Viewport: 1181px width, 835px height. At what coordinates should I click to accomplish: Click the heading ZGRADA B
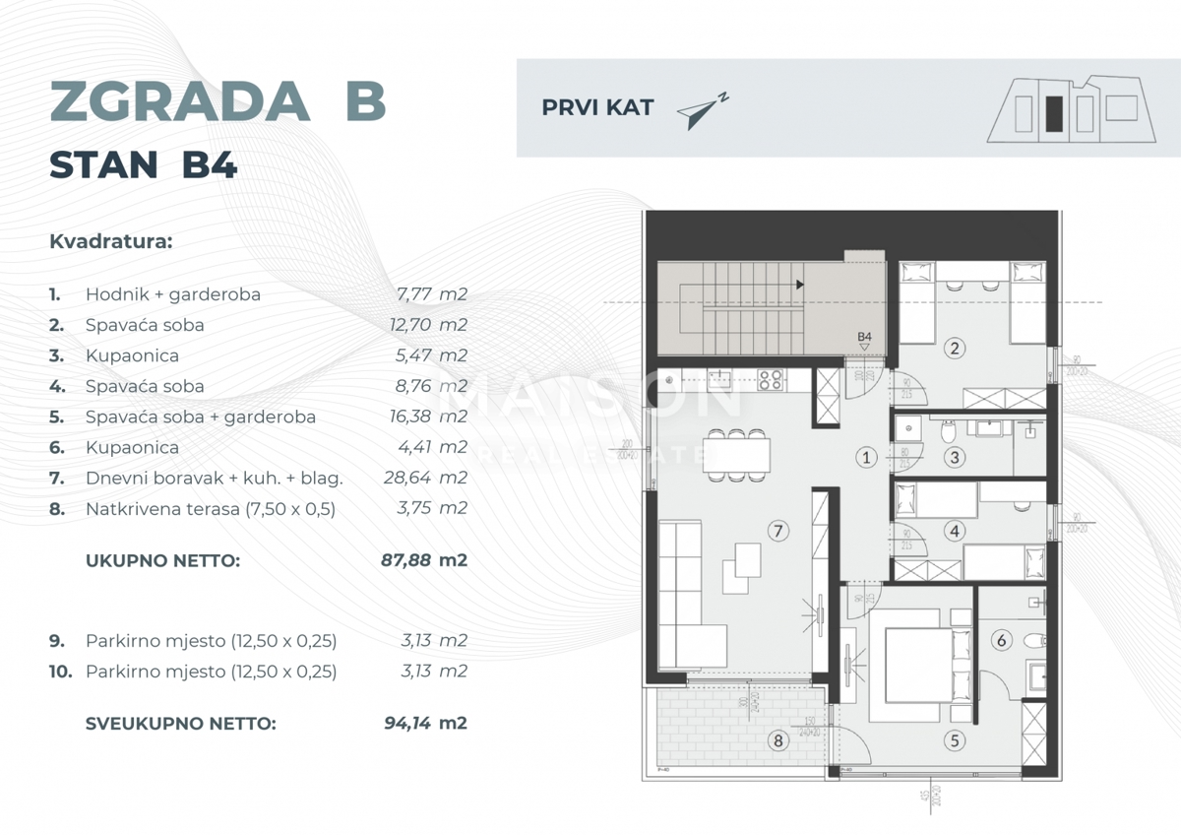217,101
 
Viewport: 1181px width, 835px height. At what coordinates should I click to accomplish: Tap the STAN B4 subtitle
144,165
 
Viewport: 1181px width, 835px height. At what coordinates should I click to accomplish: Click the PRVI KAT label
597,108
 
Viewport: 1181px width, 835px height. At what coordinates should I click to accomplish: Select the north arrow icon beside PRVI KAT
703,111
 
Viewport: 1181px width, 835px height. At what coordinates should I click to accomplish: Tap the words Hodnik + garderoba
173,294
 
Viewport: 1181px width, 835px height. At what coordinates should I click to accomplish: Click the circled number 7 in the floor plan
777,532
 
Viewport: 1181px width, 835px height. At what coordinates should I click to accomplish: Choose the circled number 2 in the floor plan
952,347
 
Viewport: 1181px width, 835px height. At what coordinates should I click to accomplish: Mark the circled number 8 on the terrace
780,740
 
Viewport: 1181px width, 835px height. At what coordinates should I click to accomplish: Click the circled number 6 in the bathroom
1002,641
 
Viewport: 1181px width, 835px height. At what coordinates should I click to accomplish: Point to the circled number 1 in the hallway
866,457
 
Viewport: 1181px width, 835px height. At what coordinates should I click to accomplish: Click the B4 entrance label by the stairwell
864,338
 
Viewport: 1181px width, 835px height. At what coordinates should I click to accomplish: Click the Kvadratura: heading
110,241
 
